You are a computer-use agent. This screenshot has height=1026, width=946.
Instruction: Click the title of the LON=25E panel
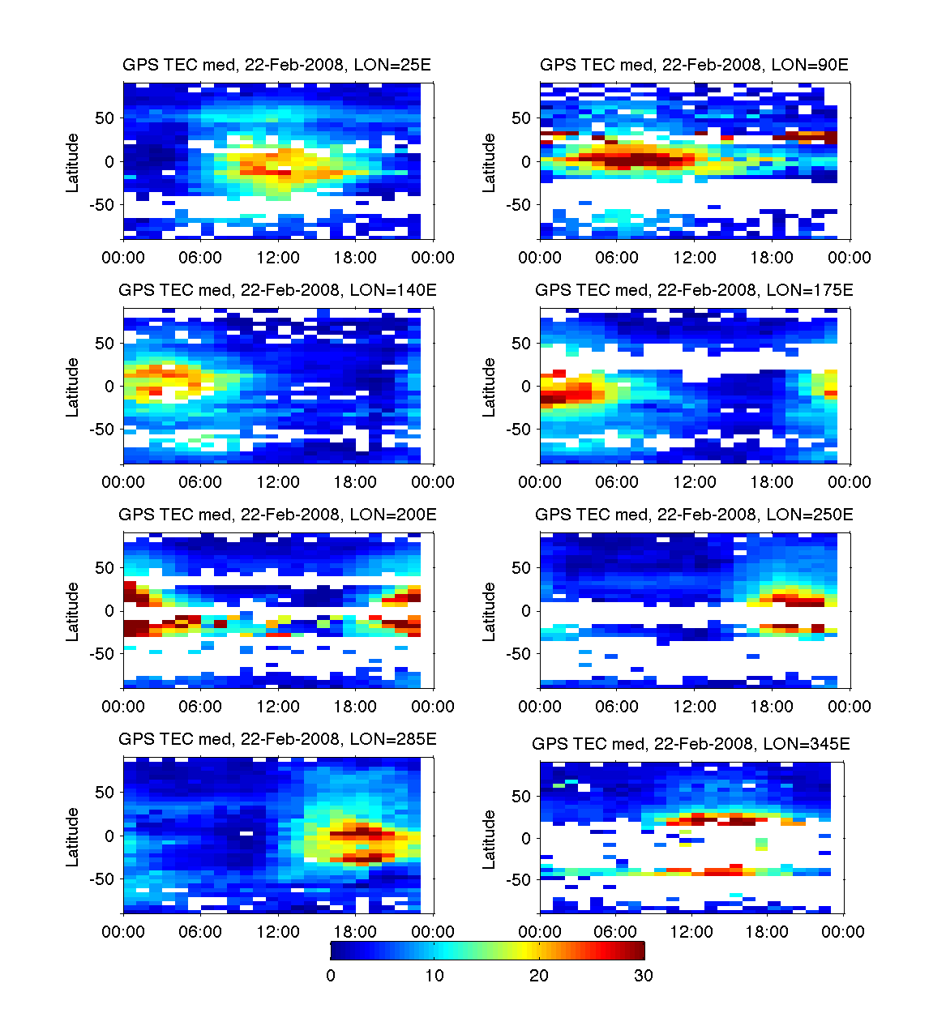pos(276,65)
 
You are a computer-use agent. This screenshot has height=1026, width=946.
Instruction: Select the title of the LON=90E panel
pos(694,65)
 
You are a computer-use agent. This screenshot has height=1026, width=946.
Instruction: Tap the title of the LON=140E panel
pos(277,290)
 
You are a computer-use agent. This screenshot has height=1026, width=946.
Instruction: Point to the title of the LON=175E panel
pos(694,290)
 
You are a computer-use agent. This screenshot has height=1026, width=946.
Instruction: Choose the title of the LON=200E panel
pos(277,515)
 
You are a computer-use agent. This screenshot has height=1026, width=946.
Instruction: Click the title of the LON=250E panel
pos(694,515)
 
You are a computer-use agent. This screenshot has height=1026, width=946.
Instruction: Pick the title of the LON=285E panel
pos(277,739)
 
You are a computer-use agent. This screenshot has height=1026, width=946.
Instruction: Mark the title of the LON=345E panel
pos(691,744)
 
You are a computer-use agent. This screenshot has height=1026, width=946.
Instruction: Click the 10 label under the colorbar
pos(434,976)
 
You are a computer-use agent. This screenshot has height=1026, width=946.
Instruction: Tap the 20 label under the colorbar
pos(538,976)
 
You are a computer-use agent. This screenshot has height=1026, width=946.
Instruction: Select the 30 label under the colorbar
pos(643,976)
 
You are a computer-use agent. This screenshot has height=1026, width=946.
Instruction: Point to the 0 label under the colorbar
pos(331,976)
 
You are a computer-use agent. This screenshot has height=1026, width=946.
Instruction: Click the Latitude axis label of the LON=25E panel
pos(73,163)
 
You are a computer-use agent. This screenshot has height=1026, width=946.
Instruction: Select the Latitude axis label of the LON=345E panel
pos(489,840)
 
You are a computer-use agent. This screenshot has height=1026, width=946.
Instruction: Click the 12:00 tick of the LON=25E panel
pos(278,258)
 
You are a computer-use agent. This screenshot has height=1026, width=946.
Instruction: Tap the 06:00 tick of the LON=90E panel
pos(617,258)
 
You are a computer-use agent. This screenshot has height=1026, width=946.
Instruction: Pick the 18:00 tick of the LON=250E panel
pos(772,707)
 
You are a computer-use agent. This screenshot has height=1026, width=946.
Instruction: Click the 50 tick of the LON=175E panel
pos(522,344)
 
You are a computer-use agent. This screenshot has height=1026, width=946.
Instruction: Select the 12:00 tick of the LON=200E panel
pos(278,707)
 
